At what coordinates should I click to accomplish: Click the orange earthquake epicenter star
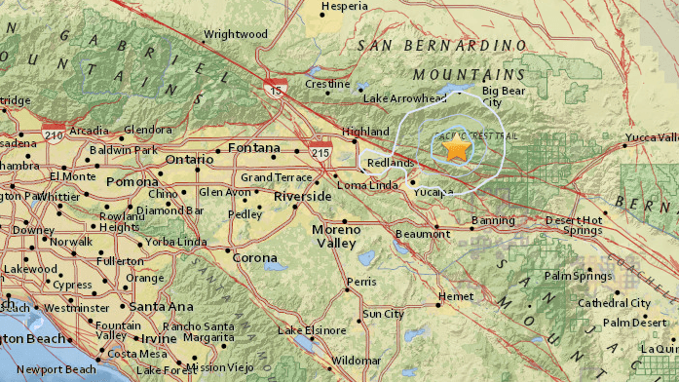point(456,149)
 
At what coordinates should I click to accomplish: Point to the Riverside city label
point(302,196)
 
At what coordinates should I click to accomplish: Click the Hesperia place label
point(347,6)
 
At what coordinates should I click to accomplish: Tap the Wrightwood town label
point(235,35)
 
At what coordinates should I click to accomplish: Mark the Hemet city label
point(456,295)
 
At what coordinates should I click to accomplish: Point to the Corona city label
point(255,258)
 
